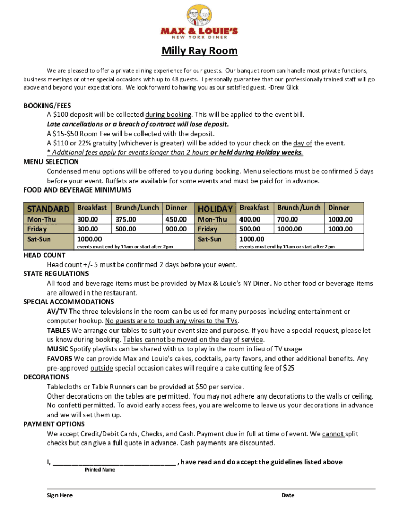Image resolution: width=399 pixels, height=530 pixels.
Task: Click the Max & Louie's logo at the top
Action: pyautogui.click(x=199, y=23)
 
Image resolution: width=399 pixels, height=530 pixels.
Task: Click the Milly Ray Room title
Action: pyautogui.click(x=199, y=51)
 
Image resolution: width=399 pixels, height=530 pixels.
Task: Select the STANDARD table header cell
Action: pyautogui.click(x=48, y=209)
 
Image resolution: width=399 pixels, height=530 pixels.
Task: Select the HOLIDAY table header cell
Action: pyautogui.click(x=215, y=209)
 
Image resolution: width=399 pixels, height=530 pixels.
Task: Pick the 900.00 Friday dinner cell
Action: pyautogui.click(x=176, y=229)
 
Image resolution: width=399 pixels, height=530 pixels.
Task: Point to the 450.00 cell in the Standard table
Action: pyautogui.click(x=176, y=219)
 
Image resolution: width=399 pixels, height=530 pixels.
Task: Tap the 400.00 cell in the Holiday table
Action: pyautogui.click(x=249, y=219)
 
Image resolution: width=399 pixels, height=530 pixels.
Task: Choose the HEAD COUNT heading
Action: pyautogui.click(x=45, y=255)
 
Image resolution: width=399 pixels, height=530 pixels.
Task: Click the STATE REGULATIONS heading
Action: pyautogui.click(x=56, y=274)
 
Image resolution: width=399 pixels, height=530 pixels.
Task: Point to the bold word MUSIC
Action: pyautogui.click(x=58, y=349)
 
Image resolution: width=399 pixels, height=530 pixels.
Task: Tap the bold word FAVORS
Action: pyautogui.click(x=60, y=358)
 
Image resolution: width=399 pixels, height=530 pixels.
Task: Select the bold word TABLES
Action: pyautogui.click(x=59, y=330)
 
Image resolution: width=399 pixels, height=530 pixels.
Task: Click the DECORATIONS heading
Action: pyautogui.click(x=46, y=377)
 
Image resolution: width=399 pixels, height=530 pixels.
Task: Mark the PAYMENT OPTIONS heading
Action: pyautogui.click(x=54, y=424)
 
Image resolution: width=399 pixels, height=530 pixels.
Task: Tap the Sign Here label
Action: pyautogui.click(x=60, y=495)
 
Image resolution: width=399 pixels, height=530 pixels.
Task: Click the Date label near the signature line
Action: pyautogui.click(x=288, y=495)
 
